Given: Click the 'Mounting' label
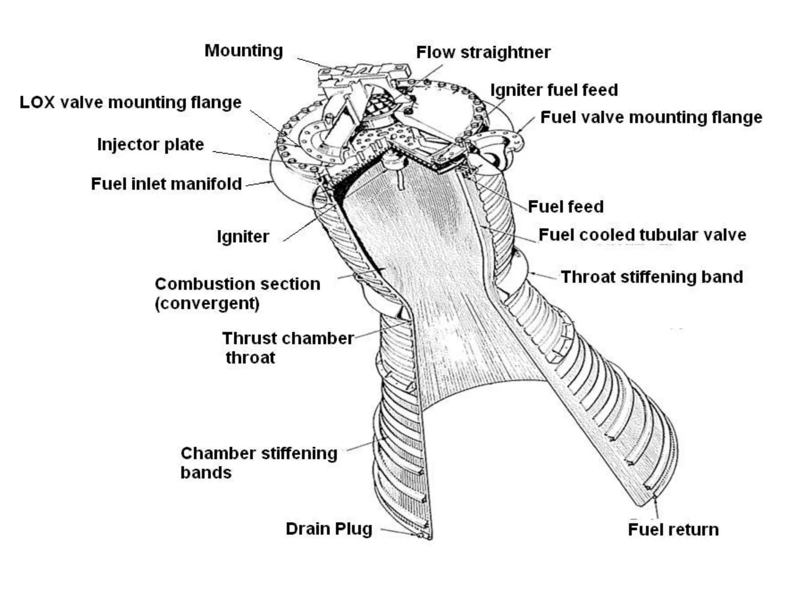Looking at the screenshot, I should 244,51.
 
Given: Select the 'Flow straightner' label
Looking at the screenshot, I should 483,52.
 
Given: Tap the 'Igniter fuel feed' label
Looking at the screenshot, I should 554,90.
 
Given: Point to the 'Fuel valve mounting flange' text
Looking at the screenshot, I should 651,117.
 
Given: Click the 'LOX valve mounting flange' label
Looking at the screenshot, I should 131,102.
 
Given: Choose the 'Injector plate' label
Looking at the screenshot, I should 150,145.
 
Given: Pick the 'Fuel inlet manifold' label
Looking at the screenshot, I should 166,184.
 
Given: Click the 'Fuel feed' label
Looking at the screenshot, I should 566,207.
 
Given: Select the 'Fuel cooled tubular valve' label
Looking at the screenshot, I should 642,235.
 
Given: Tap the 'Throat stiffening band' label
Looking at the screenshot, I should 652,277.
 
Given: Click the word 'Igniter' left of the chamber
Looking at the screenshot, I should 243,236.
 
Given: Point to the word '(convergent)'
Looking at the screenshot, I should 207,304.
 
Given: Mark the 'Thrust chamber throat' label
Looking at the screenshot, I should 288,348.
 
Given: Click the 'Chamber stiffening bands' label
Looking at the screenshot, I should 259,462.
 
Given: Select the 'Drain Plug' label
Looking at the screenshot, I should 329,529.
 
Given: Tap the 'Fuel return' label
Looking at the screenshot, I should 673,530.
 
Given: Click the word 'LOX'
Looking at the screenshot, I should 37,102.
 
